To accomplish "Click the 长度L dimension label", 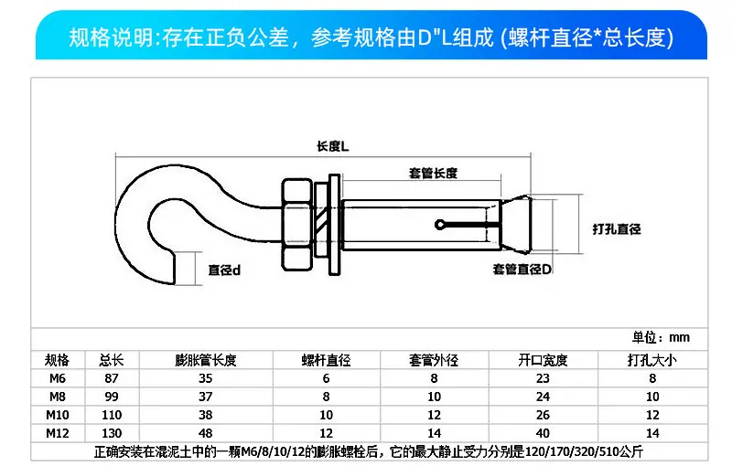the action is [x=332, y=146].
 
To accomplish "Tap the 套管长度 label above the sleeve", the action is [x=433, y=174].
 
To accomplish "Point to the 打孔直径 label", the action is [x=617, y=228].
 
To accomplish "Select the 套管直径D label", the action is [x=522, y=269].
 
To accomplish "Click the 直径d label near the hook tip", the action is [x=224, y=270].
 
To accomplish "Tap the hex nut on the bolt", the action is [x=296, y=225].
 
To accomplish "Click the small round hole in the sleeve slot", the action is [x=439, y=225].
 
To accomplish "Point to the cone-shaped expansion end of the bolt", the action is [x=516, y=225].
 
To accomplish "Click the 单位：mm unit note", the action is [x=661, y=337].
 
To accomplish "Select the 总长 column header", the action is [x=112, y=360].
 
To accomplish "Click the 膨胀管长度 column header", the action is [x=206, y=360].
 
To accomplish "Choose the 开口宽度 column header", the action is [x=543, y=360].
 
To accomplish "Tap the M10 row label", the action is [x=58, y=415].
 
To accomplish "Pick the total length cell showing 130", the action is [x=112, y=433].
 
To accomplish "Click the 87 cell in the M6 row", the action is [x=112, y=378].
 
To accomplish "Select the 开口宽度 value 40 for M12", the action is [x=543, y=433].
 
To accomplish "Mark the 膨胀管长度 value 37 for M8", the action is [x=206, y=397].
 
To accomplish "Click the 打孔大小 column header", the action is [x=652, y=360].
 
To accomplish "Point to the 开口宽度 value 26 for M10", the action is [x=543, y=415].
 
